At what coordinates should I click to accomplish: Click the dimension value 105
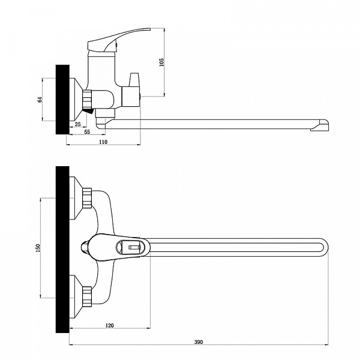pyautogui.click(x=162, y=62)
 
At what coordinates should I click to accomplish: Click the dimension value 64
pyautogui.click(x=40, y=100)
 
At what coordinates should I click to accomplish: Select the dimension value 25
pyautogui.click(x=78, y=124)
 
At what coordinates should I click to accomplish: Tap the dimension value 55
pyautogui.click(x=87, y=132)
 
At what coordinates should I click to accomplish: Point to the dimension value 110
pyautogui.click(x=103, y=142)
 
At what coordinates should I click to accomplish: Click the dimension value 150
pyautogui.click(x=38, y=248)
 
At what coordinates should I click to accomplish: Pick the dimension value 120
pyautogui.click(x=110, y=326)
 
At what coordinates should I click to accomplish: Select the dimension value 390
pyautogui.click(x=199, y=342)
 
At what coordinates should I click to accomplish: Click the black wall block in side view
pyautogui.click(x=62, y=100)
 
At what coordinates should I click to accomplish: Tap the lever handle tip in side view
pyautogui.click(x=149, y=29)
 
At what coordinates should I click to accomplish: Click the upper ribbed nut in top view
pyautogui.click(x=87, y=198)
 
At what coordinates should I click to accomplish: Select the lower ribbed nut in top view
pyautogui.click(x=87, y=296)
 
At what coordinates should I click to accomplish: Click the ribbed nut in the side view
pyautogui.click(x=87, y=100)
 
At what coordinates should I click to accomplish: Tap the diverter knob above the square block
pyautogui.click(x=134, y=80)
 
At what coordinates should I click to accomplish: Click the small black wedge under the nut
pyautogui.click(x=89, y=112)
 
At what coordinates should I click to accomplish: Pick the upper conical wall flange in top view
pyautogui.click(x=76, y=198)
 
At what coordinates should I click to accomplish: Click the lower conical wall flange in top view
pyautogui.click(x=76, y=296)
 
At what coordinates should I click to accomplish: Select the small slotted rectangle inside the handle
pyautogui.click(x=134, y=247)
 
